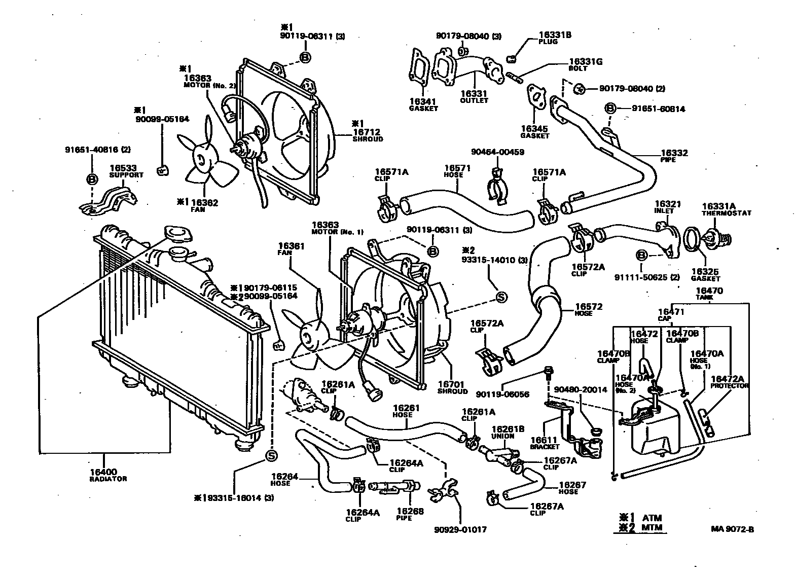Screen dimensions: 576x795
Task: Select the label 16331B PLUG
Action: tap(555, 38)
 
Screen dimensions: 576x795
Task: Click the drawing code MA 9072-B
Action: tap(732, 529)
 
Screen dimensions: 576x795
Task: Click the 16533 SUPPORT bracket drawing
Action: tap(111, 199)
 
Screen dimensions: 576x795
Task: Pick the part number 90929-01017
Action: tap(460, 529)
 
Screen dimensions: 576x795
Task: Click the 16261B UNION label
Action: tap(503, 432)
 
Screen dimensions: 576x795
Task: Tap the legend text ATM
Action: tap(652, 518)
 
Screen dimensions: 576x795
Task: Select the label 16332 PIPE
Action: tap(674, 155)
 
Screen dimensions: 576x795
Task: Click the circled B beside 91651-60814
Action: tap(610, 108)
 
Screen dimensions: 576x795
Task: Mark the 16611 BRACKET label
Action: tap(544, 443)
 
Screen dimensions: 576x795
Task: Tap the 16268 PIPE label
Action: tap(410, 515)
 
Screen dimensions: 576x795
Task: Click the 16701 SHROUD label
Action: tap(452, 388)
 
